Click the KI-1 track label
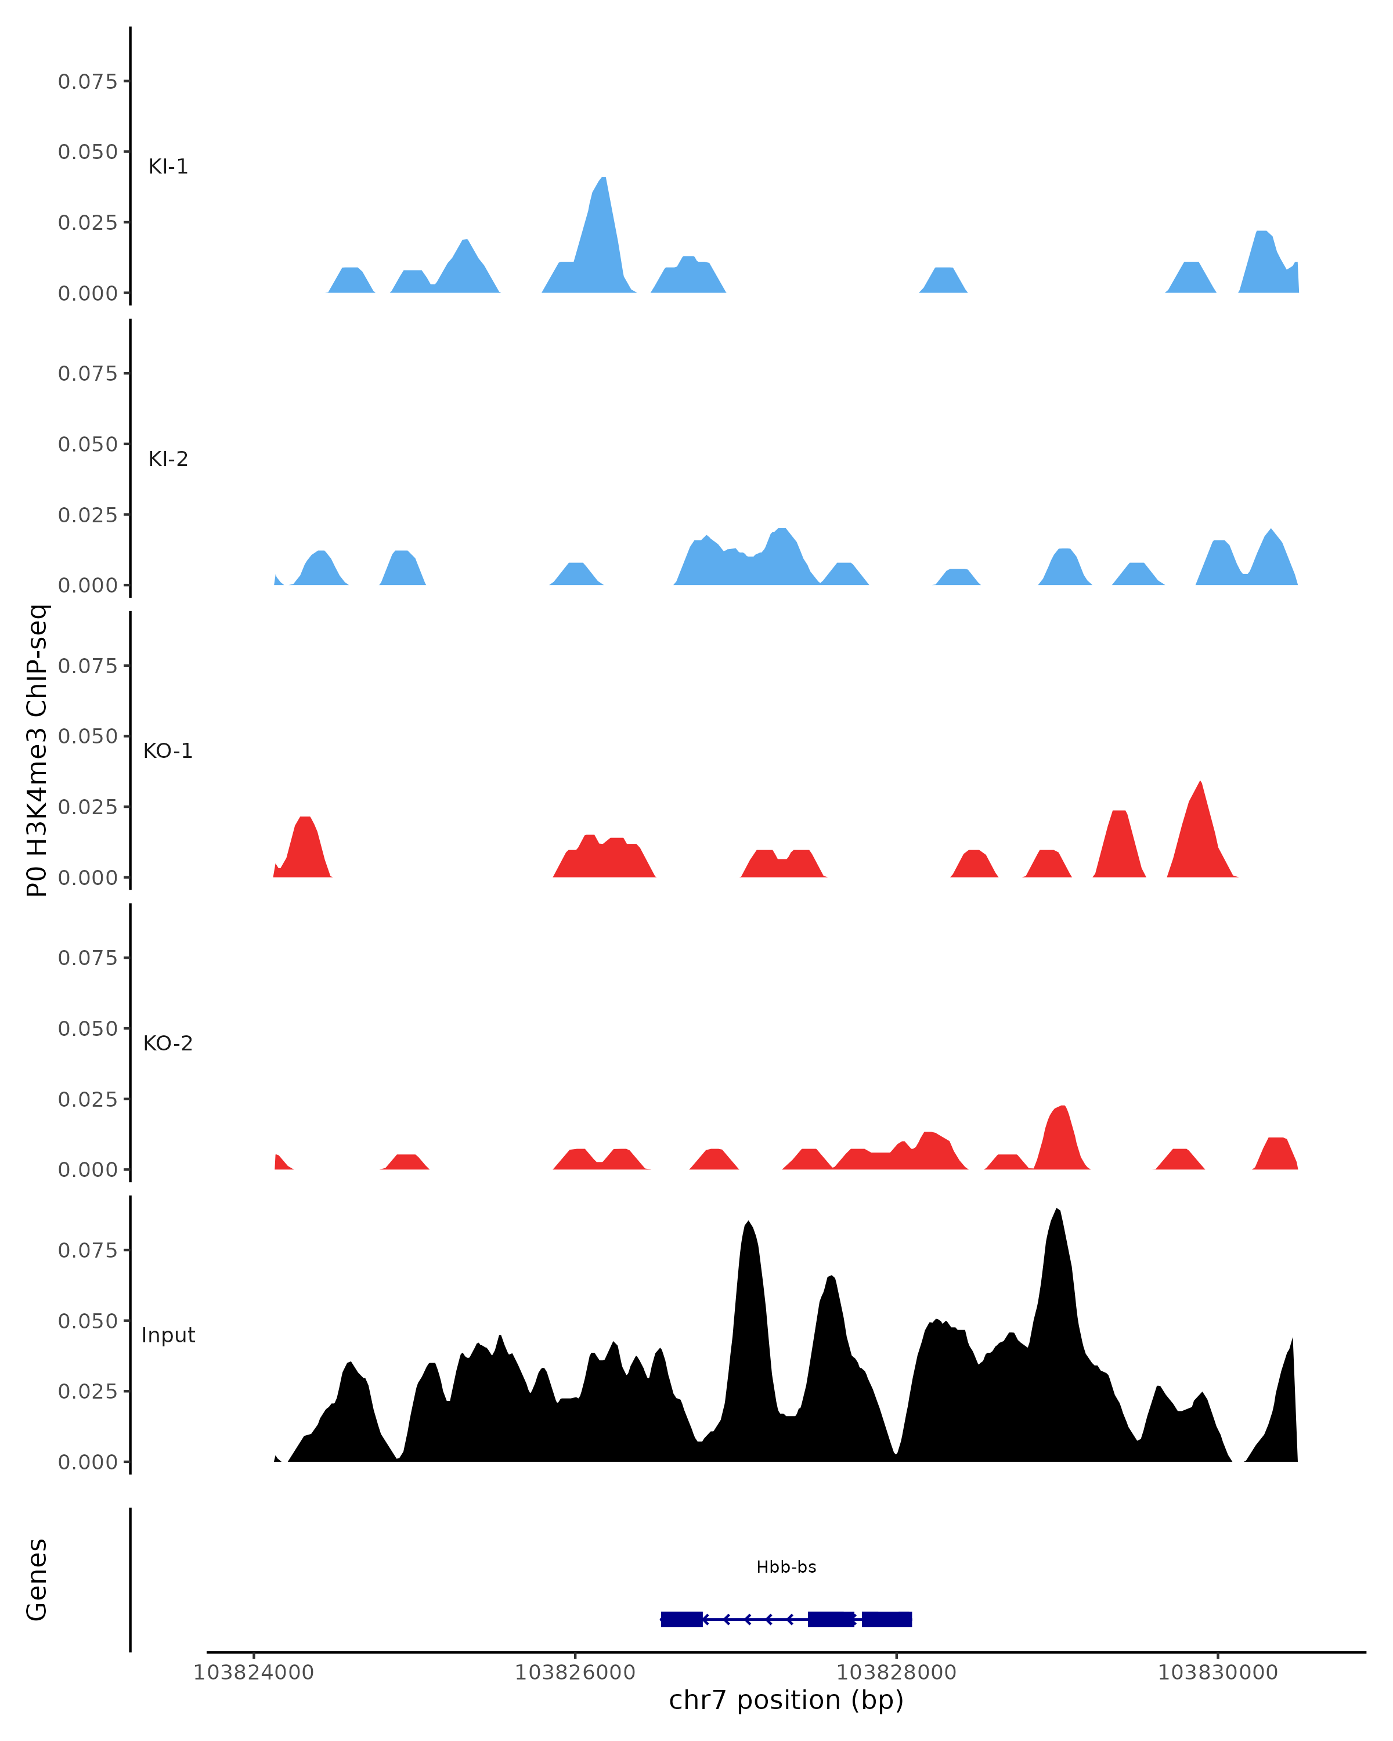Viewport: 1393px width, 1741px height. pyautogui.click(x=168, y=167)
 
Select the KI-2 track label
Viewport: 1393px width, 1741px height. pyautogui.click(x=168, y=458)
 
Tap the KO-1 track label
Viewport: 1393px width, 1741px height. pyautogui.click(x=168, y=751)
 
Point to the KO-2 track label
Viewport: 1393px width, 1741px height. pyautogui.click(x=168, y=1043)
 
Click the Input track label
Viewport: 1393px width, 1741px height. pyautogui.click(x=168, y=1335)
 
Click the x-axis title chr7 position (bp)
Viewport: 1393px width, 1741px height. pyautogui.click(x=786, y=1700)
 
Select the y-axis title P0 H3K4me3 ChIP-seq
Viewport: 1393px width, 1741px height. pyautogui.click(x=37, y=750)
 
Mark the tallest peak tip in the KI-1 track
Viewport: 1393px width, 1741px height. pyautogui.click(x=603, y=179)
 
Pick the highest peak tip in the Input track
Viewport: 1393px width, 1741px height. pyautogui.click(x=1057, y=1209)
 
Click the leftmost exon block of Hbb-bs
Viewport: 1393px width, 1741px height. pyautogui.click(x=681, y=1619)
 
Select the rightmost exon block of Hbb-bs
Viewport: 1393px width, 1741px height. pyautogui.click(x=887, y=1619)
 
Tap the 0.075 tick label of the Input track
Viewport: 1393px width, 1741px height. pyautogui.click(x=87, y=1251)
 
